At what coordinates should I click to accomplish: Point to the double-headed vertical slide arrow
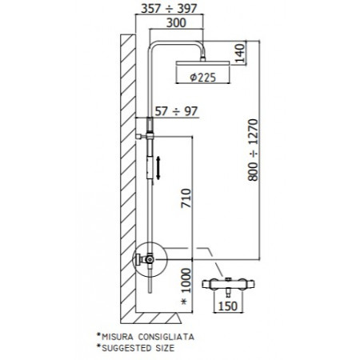[x=158, y=169]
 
